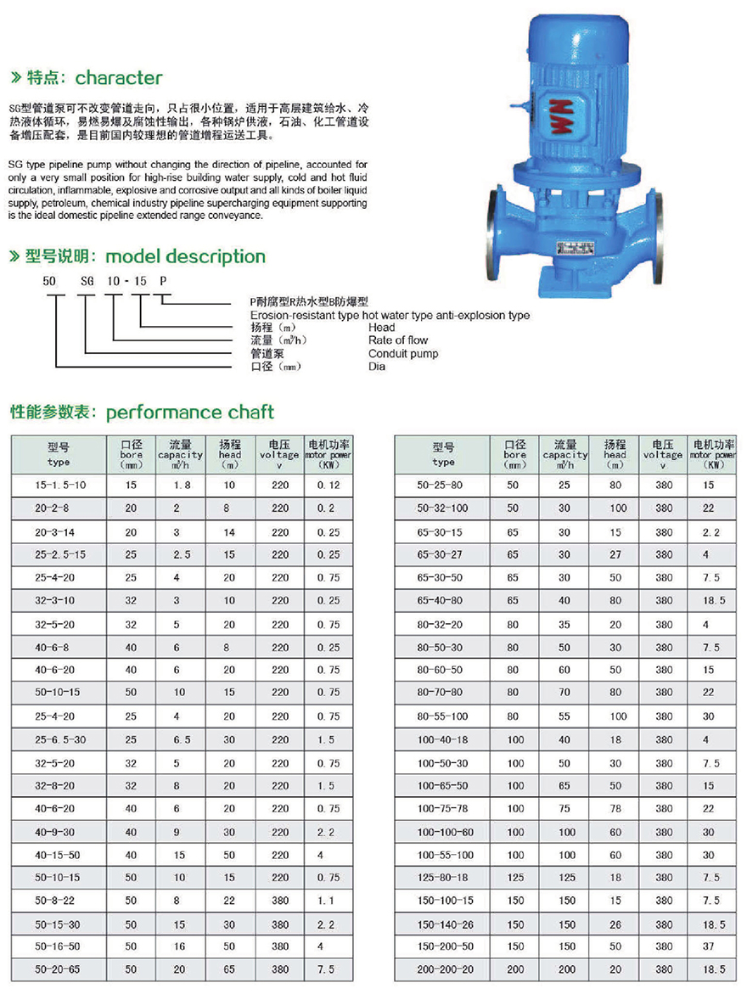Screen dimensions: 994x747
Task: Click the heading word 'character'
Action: [119, 78]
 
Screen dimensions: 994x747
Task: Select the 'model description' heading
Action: [186, 256]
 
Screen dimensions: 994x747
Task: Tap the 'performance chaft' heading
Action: [190, 413]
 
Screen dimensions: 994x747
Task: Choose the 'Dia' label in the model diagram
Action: [376, 366]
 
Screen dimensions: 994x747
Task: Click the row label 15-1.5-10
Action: [59, 484]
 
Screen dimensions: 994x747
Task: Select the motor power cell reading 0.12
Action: [327, 484]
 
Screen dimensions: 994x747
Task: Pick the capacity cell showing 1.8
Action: [181, 484]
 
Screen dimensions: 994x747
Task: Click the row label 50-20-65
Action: [59, 969]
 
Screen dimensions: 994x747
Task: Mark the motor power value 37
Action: [708, 946]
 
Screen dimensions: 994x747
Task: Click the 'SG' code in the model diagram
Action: [86, 280]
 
